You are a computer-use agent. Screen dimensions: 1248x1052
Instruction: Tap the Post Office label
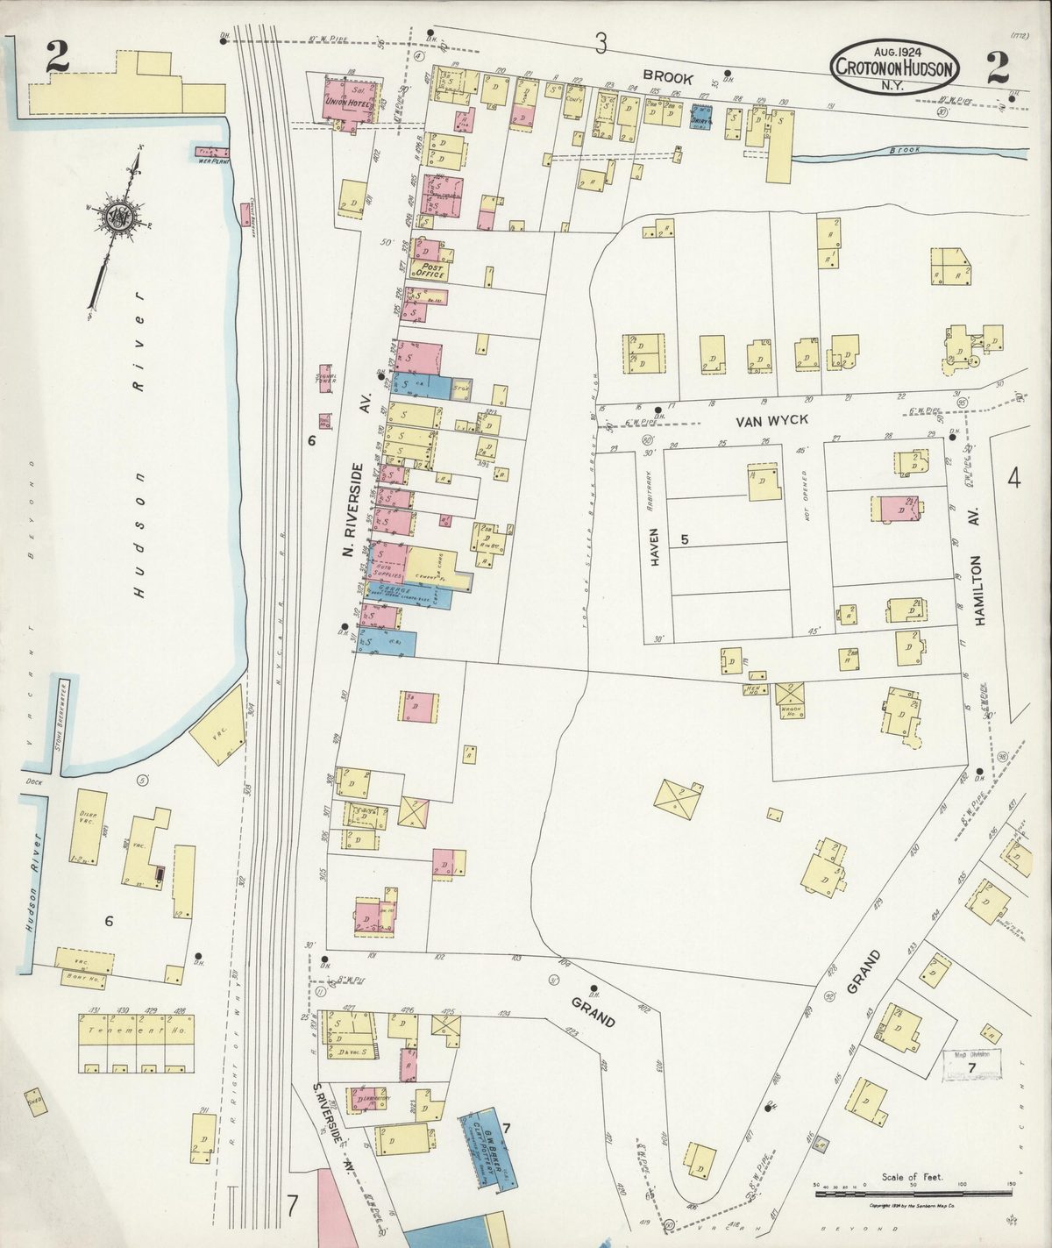pos(432,270)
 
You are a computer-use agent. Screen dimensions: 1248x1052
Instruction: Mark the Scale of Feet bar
pos(912,1193)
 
